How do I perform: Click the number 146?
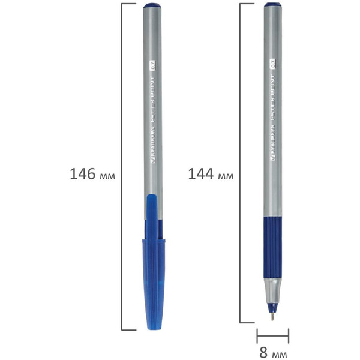83,174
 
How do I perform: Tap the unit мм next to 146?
106,176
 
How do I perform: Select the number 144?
201,174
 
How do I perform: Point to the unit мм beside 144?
225,176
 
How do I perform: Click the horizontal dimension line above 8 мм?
273,336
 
